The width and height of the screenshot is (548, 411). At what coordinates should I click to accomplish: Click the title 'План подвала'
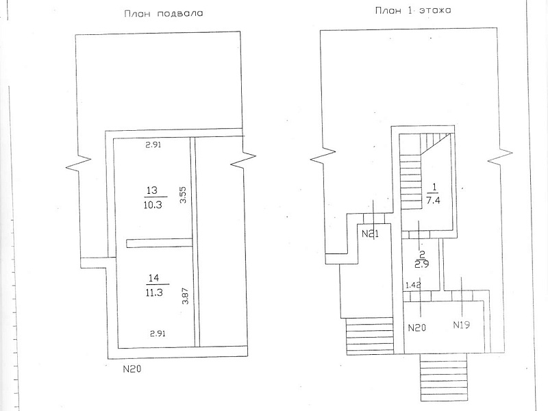[164, 14]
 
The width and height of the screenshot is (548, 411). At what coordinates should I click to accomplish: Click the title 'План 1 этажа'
[413, 10]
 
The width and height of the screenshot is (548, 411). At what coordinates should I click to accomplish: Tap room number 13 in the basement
[152, 190]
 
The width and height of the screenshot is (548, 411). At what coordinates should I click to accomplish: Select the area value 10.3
[153, 204]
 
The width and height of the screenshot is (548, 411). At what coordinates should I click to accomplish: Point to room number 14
[153, 278]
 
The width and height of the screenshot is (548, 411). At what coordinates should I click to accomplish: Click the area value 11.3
[153, 292]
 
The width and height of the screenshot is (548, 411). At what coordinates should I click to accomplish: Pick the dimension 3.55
[183, 195]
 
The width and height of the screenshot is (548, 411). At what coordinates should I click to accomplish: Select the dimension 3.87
[185, 295]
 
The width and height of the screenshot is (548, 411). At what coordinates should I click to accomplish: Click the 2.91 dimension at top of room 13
[153, 145]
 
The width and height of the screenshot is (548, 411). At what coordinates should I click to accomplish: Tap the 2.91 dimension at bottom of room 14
[158, 334]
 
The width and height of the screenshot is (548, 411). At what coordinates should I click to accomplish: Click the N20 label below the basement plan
[132, 369]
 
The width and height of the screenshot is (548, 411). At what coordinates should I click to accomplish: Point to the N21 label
[370, 234]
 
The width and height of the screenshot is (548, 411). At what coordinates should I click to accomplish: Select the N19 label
[461, 325]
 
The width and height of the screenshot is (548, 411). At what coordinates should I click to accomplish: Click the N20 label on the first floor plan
[417, 328]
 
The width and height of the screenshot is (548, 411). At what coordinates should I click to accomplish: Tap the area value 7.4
[433, 201]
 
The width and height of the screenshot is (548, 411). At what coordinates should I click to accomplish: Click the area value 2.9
[422, 264]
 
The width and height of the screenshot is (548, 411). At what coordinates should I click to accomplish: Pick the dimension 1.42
[413, 285]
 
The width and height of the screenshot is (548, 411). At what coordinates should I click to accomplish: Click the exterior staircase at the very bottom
[444, 377]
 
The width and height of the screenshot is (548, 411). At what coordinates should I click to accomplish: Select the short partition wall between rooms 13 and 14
[159, 243]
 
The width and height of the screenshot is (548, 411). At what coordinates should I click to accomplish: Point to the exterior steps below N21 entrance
[369, 336]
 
